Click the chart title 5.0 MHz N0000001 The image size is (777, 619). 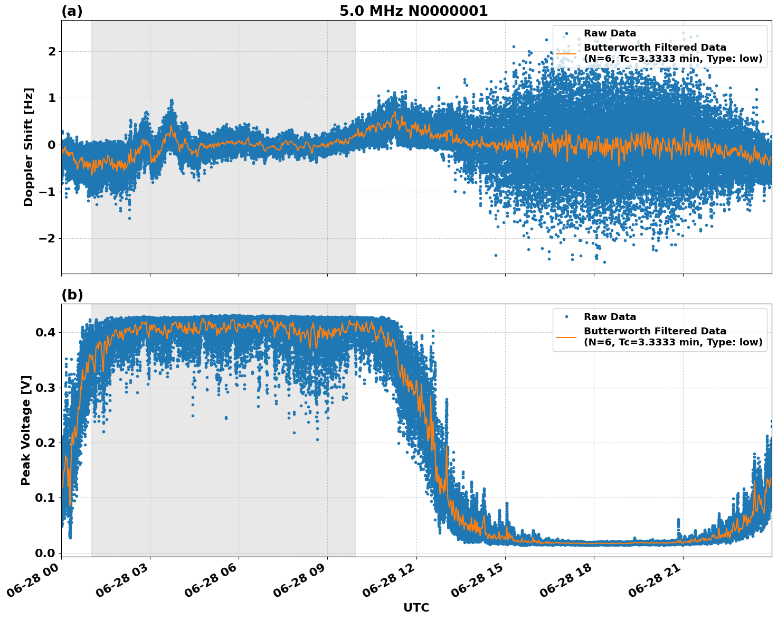click(413, 11)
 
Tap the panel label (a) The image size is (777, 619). click(72, 11)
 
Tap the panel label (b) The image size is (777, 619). click(72, 295)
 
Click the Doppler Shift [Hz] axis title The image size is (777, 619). click(29, 147)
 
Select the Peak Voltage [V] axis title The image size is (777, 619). click(26, 430)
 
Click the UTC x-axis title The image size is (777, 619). click(416, 607)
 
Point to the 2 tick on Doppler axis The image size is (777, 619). click(52, 52)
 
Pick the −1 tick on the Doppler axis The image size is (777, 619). click(49, 192)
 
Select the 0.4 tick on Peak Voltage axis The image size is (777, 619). click(45, 333)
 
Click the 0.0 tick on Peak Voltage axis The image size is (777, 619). click(45, 553)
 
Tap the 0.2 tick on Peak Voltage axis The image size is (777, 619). click(45, 443)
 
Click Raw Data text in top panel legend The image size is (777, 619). click(610, 33)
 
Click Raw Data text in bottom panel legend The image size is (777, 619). click(610, 317)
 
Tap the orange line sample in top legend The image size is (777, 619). click(566, 53)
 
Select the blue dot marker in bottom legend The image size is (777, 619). click(566, 317)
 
